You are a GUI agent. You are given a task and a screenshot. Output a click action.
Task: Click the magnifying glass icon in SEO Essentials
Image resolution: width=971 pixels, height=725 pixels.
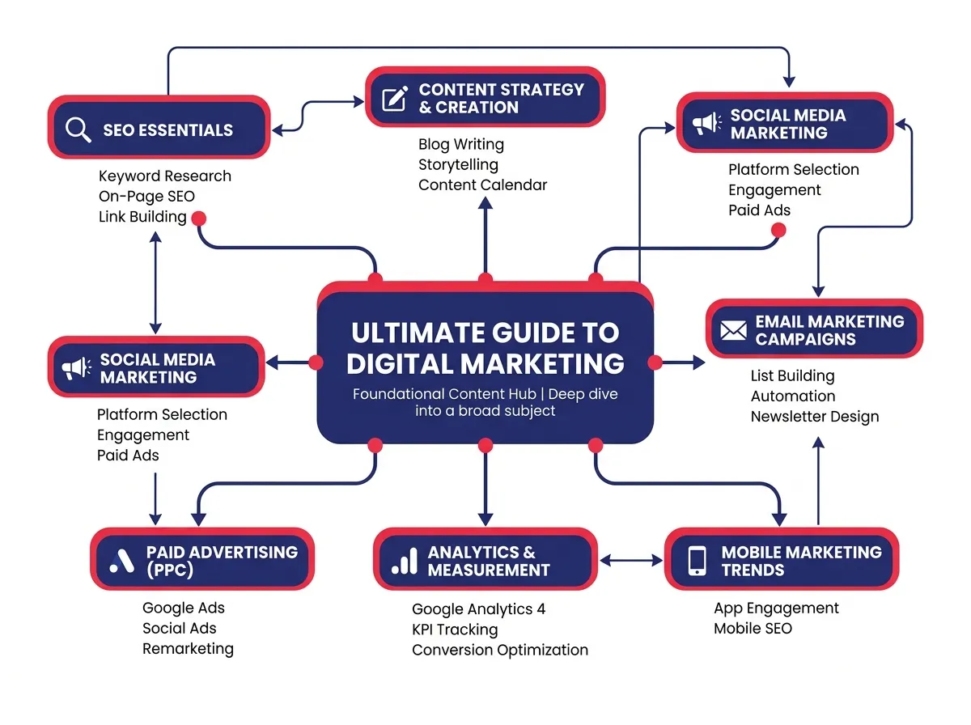pyautogui.click(x=78, y=129)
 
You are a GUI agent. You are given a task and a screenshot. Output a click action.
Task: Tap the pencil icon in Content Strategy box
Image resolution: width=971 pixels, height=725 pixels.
pyautogui.click(x=394, y=99)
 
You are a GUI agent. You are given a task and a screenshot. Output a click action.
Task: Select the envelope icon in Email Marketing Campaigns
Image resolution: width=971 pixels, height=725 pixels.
pyautogui.click(x=732, y=330)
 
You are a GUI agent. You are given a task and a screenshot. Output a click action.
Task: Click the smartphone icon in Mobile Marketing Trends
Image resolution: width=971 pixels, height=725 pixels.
pyautogui.click(x=697, y=561)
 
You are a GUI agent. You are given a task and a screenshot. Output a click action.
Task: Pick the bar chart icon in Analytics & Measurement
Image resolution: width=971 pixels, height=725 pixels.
pyautogui.click(x=405, y=561)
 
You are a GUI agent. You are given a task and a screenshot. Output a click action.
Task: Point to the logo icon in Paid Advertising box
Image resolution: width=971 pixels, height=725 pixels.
pyautogui.click(x=121, y=561)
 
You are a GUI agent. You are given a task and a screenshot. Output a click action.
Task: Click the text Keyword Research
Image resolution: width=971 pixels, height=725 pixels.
pyautogui.click(x=164, y=176)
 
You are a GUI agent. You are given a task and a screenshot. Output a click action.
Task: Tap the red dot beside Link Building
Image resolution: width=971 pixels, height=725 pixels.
pyautogui.click(x=198, y=218)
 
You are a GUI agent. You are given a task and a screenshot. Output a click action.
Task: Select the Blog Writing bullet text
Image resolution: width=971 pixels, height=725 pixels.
pyautogui.click(x=460, y=144)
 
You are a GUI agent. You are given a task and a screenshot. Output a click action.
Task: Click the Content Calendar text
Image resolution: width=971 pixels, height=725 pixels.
pyautogui.click(x=482, y=184)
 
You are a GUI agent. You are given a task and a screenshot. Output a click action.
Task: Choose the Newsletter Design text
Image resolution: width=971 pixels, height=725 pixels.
pyautogui.click(x=814, y=417)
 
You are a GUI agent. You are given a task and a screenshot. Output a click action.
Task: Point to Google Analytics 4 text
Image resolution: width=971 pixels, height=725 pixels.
pyautogui.click(x=478, y=608)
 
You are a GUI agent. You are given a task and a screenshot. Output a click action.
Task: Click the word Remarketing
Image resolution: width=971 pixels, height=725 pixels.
pyautogui.click(x=188, y=648)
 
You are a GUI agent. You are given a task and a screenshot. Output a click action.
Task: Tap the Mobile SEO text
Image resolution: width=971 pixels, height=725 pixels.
pyautogui.click(x=753, y=628)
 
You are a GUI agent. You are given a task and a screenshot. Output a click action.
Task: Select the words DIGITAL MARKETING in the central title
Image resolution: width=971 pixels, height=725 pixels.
pyautogui.click(x=485, y=363)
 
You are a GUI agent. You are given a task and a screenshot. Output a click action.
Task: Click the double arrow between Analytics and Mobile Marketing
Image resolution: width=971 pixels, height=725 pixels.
pyautogui.click(x=631, y=559)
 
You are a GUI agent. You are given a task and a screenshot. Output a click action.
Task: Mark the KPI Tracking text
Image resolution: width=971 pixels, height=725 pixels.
pyautogui.click(x=455, y=629)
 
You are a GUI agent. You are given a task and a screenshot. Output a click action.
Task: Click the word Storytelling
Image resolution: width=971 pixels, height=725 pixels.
pyautogui.click(x=458, y=164)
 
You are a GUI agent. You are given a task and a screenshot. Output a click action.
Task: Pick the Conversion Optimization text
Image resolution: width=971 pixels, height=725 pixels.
pyautogui.click(x=499, y=649)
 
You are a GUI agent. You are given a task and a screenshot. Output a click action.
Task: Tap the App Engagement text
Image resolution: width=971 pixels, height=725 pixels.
pyautogui.click(x=776, y=608)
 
